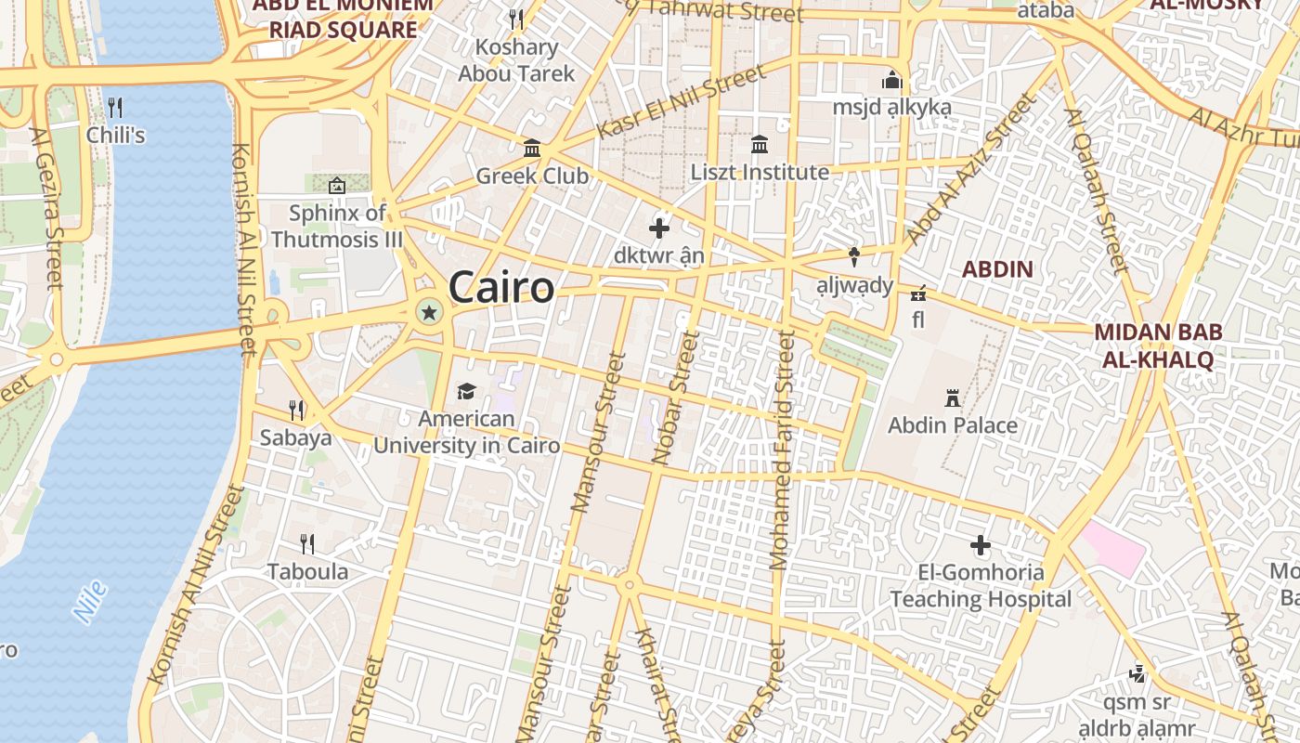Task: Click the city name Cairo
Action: (x=501, y=288)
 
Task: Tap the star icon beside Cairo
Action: (x=429, y=313)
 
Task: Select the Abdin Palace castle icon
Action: (x=952, y=398)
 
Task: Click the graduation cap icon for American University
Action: (x=465, y=392)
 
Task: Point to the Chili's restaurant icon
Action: (x=115, y=107)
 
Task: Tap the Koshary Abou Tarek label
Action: (x=516, y=60)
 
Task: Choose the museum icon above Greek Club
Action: (x=533, y=148)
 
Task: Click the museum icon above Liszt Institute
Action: (x=760, y=144)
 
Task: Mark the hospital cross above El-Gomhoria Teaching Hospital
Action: (x=981, y=545)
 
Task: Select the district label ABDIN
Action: (x=997, y=269)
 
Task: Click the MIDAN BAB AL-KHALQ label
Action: (x=1158, y=345)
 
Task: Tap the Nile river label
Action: (x=90, y=602)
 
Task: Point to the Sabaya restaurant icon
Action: (x=296, y=409)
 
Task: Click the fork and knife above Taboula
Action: (x=307, y=543)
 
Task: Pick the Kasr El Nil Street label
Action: (x=682, y=101)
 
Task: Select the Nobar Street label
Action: (x=675, y=398)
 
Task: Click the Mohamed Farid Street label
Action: (x=782, y=450)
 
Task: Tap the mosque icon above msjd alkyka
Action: (x=892, y=81)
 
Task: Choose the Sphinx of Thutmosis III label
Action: (x=337, y=226)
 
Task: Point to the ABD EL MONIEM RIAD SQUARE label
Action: (x=344, y=17)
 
